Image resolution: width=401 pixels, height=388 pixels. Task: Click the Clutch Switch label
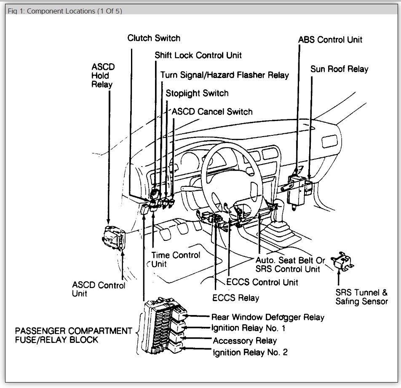[x=154, y=38]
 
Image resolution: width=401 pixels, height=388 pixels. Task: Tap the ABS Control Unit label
[x=330, y=40]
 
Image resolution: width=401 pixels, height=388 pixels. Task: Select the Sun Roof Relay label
[x=339, y=69]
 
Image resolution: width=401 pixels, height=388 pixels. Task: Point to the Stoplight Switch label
[x=197, y=93]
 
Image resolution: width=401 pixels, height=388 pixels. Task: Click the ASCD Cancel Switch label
[x=212, y=112]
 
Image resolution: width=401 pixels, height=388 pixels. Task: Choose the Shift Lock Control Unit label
[x=198, y=55]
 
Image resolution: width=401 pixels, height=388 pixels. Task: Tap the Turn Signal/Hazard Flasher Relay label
[x=225, y=75]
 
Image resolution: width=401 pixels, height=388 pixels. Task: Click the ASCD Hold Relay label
[x=102, y=75]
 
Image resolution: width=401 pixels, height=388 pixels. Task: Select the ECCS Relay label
[x=236, y=298]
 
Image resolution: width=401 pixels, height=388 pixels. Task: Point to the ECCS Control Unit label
[x=262, y=282]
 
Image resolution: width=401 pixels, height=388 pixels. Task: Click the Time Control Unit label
[x=176, y=259]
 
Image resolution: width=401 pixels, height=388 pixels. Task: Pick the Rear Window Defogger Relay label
[x=268, y=317]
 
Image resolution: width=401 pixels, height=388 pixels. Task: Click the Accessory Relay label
[x=245, y=340]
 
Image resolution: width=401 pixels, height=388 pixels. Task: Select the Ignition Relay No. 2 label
[x=250, y=352]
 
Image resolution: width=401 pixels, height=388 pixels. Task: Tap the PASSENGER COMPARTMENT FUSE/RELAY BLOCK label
[x=74, y=335]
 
